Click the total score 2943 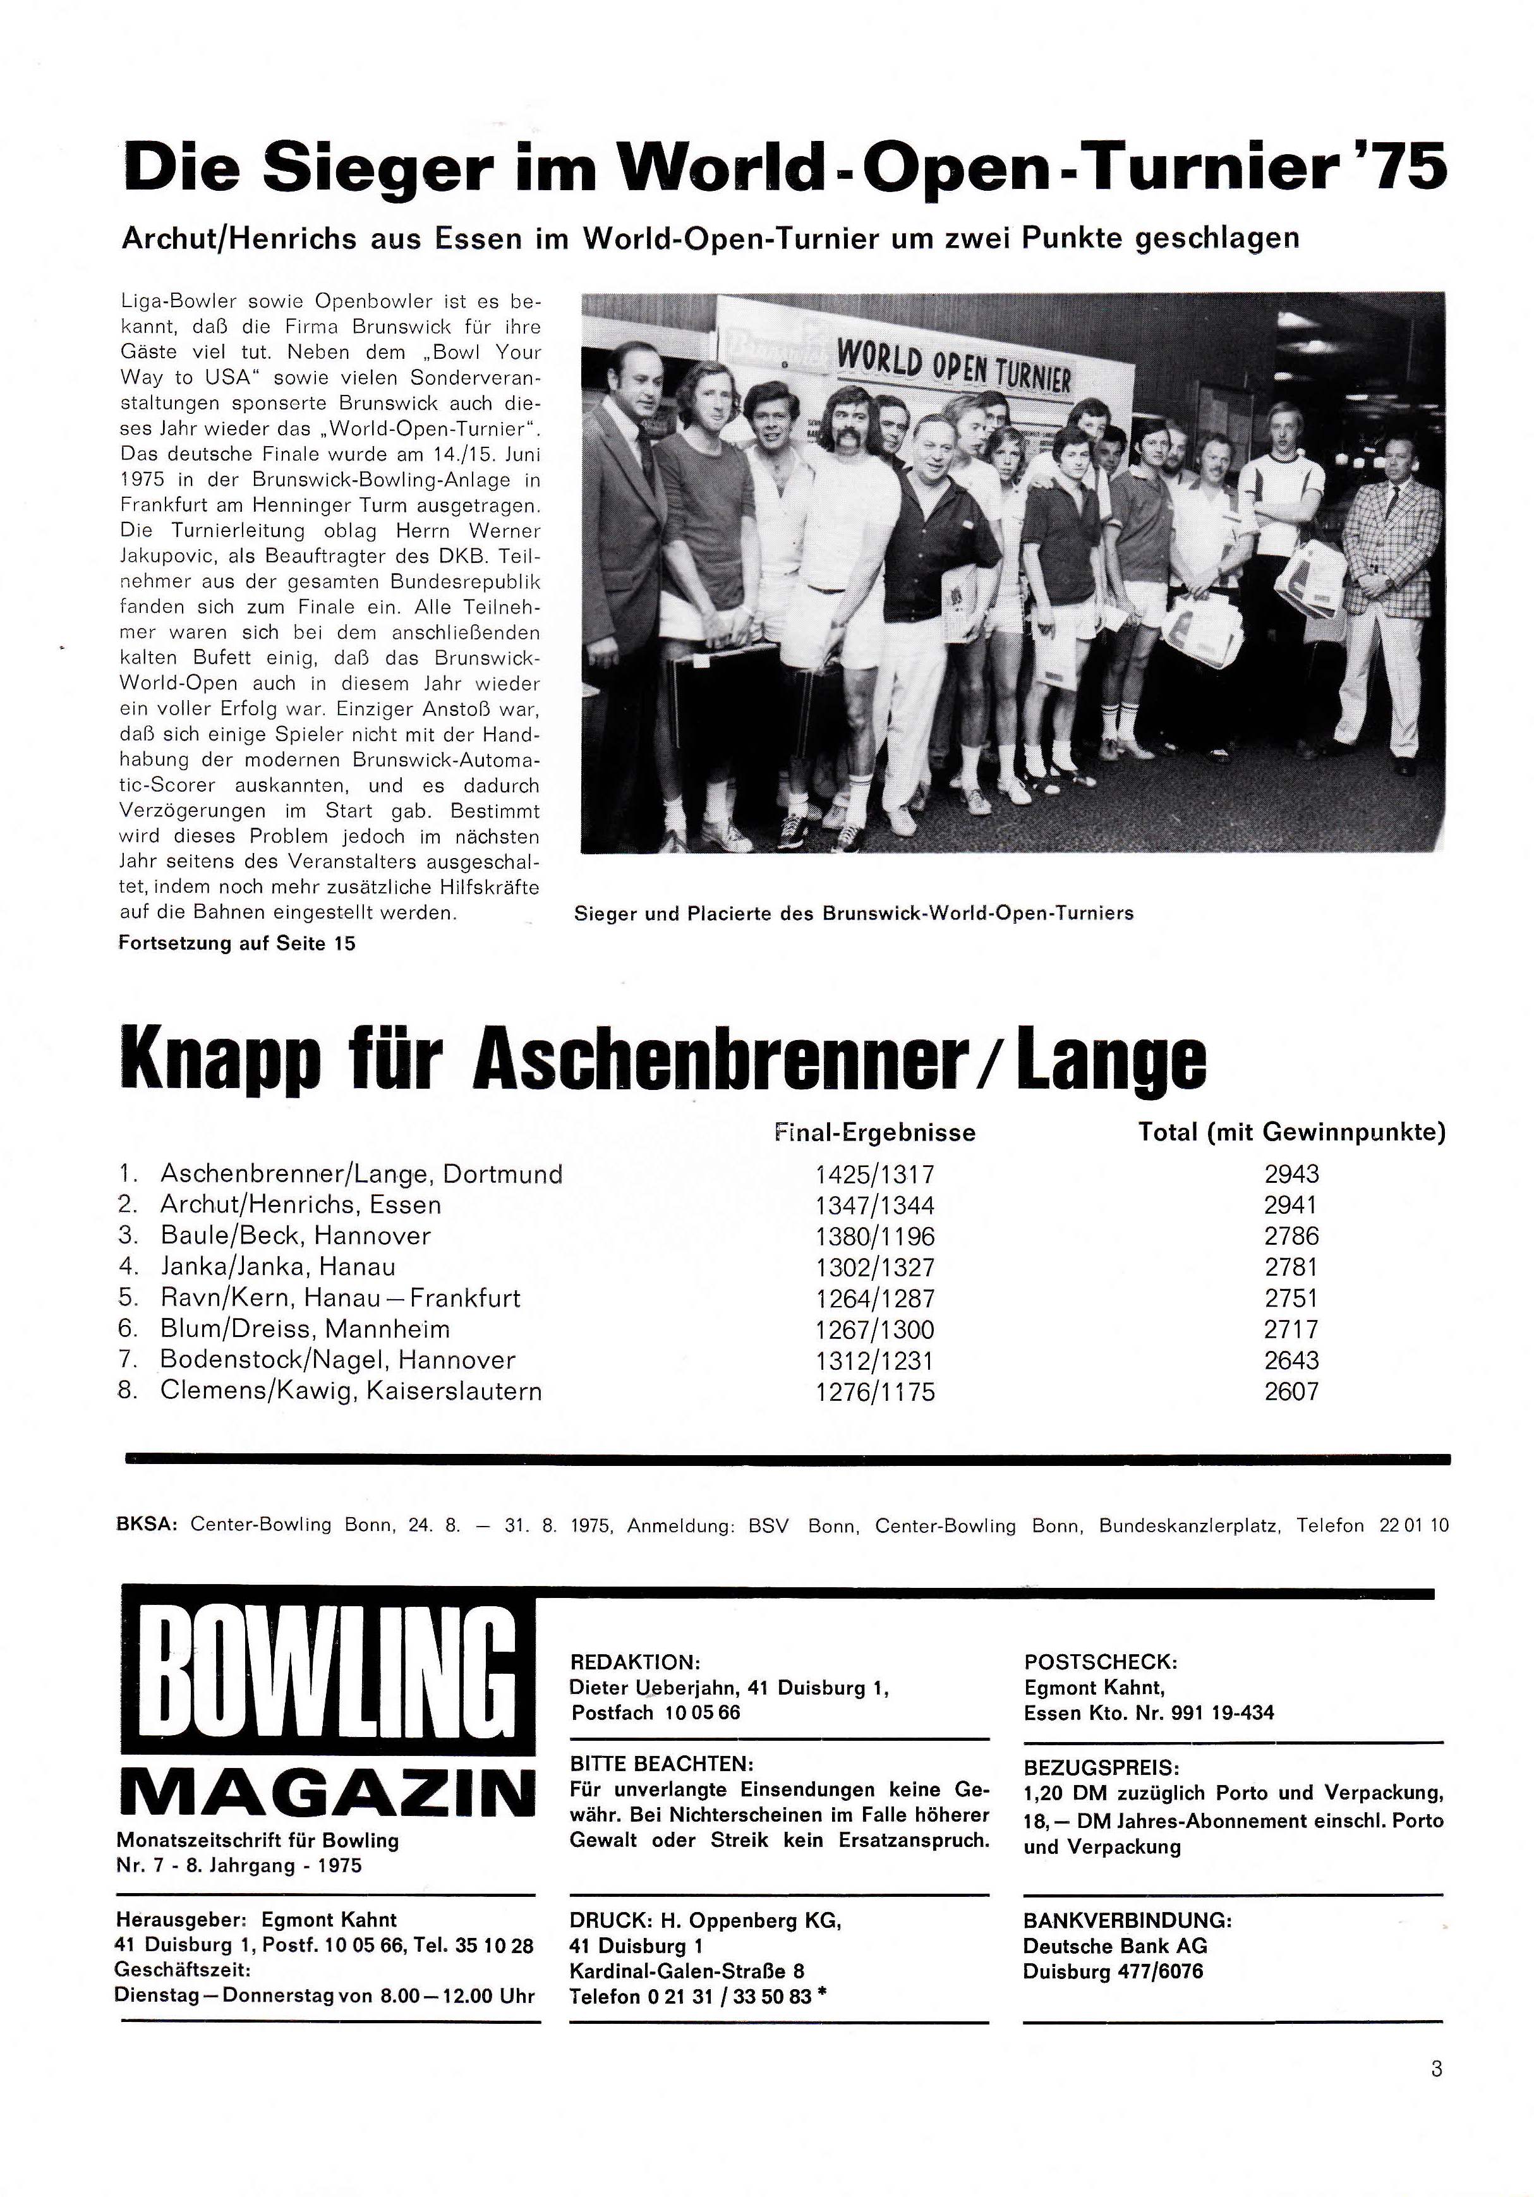(x=1291, y=1174)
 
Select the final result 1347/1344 (x=874, y=1205)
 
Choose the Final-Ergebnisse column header (x=874, y=1133)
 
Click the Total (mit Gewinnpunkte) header (x=1291, y=1133)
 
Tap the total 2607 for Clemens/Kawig (x=1291, y=1391)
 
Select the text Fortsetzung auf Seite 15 (x=236, y=943)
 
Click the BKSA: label (x=147, y=1525)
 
